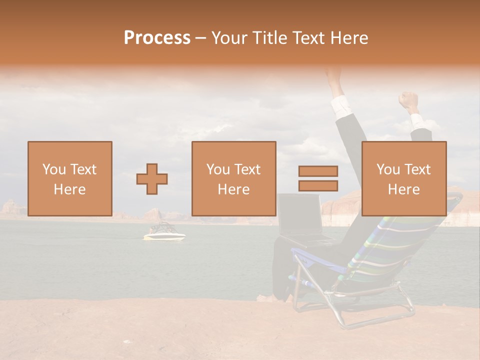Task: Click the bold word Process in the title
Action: click(157, 38)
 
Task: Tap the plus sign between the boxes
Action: click(152, 179)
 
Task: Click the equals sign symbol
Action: click(318, 178)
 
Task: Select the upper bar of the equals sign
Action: click(318, 171)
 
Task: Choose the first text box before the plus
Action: click(69, 179)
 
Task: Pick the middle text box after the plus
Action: click(233, 179)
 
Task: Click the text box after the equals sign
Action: click(403, 179)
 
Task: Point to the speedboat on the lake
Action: click(164, 233)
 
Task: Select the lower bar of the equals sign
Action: click(318, 185)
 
